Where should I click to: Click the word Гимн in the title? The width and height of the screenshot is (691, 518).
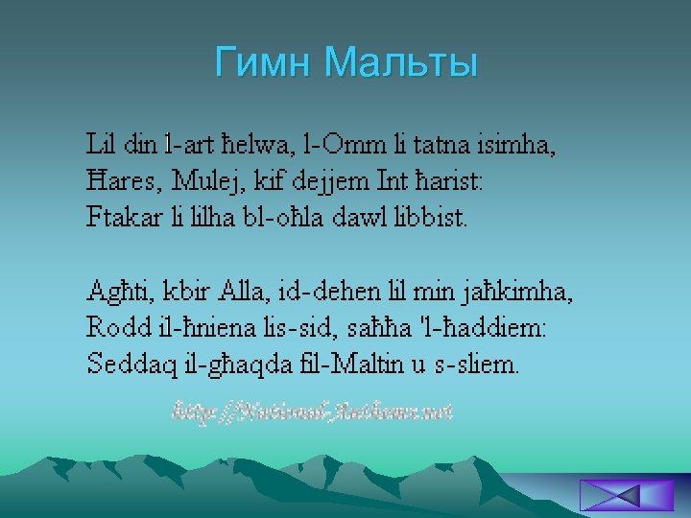click(265, 62)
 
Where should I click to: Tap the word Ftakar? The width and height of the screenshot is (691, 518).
click(121, 216)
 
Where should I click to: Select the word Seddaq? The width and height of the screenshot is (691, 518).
click(124, 364)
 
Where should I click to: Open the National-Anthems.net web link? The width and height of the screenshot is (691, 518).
click(312, 412)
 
